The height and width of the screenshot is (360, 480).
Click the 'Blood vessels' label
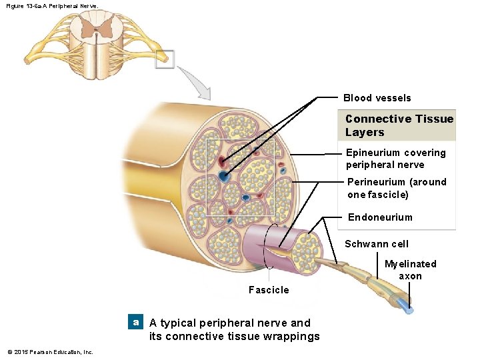click(x=377, y=98)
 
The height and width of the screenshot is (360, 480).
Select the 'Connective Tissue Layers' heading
click(x=399, y=125)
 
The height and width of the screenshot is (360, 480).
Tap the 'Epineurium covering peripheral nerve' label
click(x=395, y=159)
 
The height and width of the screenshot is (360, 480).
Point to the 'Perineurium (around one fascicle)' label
click(x=397, y=188)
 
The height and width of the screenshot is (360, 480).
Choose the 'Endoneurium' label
click(x=380, y=217)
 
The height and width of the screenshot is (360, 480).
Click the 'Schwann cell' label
click(x=377, y=244)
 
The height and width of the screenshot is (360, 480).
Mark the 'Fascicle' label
click(x=269, y=289)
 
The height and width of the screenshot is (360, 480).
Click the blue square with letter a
click(x=136, y=322)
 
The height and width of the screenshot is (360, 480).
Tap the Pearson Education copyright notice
click(x=50, y=352)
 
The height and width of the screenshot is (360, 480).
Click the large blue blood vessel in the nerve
click(x=223, y=177)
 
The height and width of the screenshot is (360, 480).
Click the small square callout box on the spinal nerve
click(x=165, y=59)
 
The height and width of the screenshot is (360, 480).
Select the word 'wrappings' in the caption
click(x=290, y=336)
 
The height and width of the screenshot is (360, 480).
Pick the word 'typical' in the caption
click(x=178, y=323)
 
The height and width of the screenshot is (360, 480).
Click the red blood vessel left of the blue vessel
click(x=220, y=161)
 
